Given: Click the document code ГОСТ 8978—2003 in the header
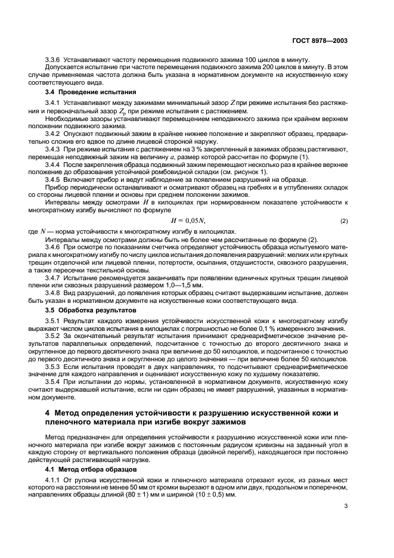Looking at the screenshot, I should [320, 42].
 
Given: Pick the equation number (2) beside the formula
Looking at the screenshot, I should [344, 222].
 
